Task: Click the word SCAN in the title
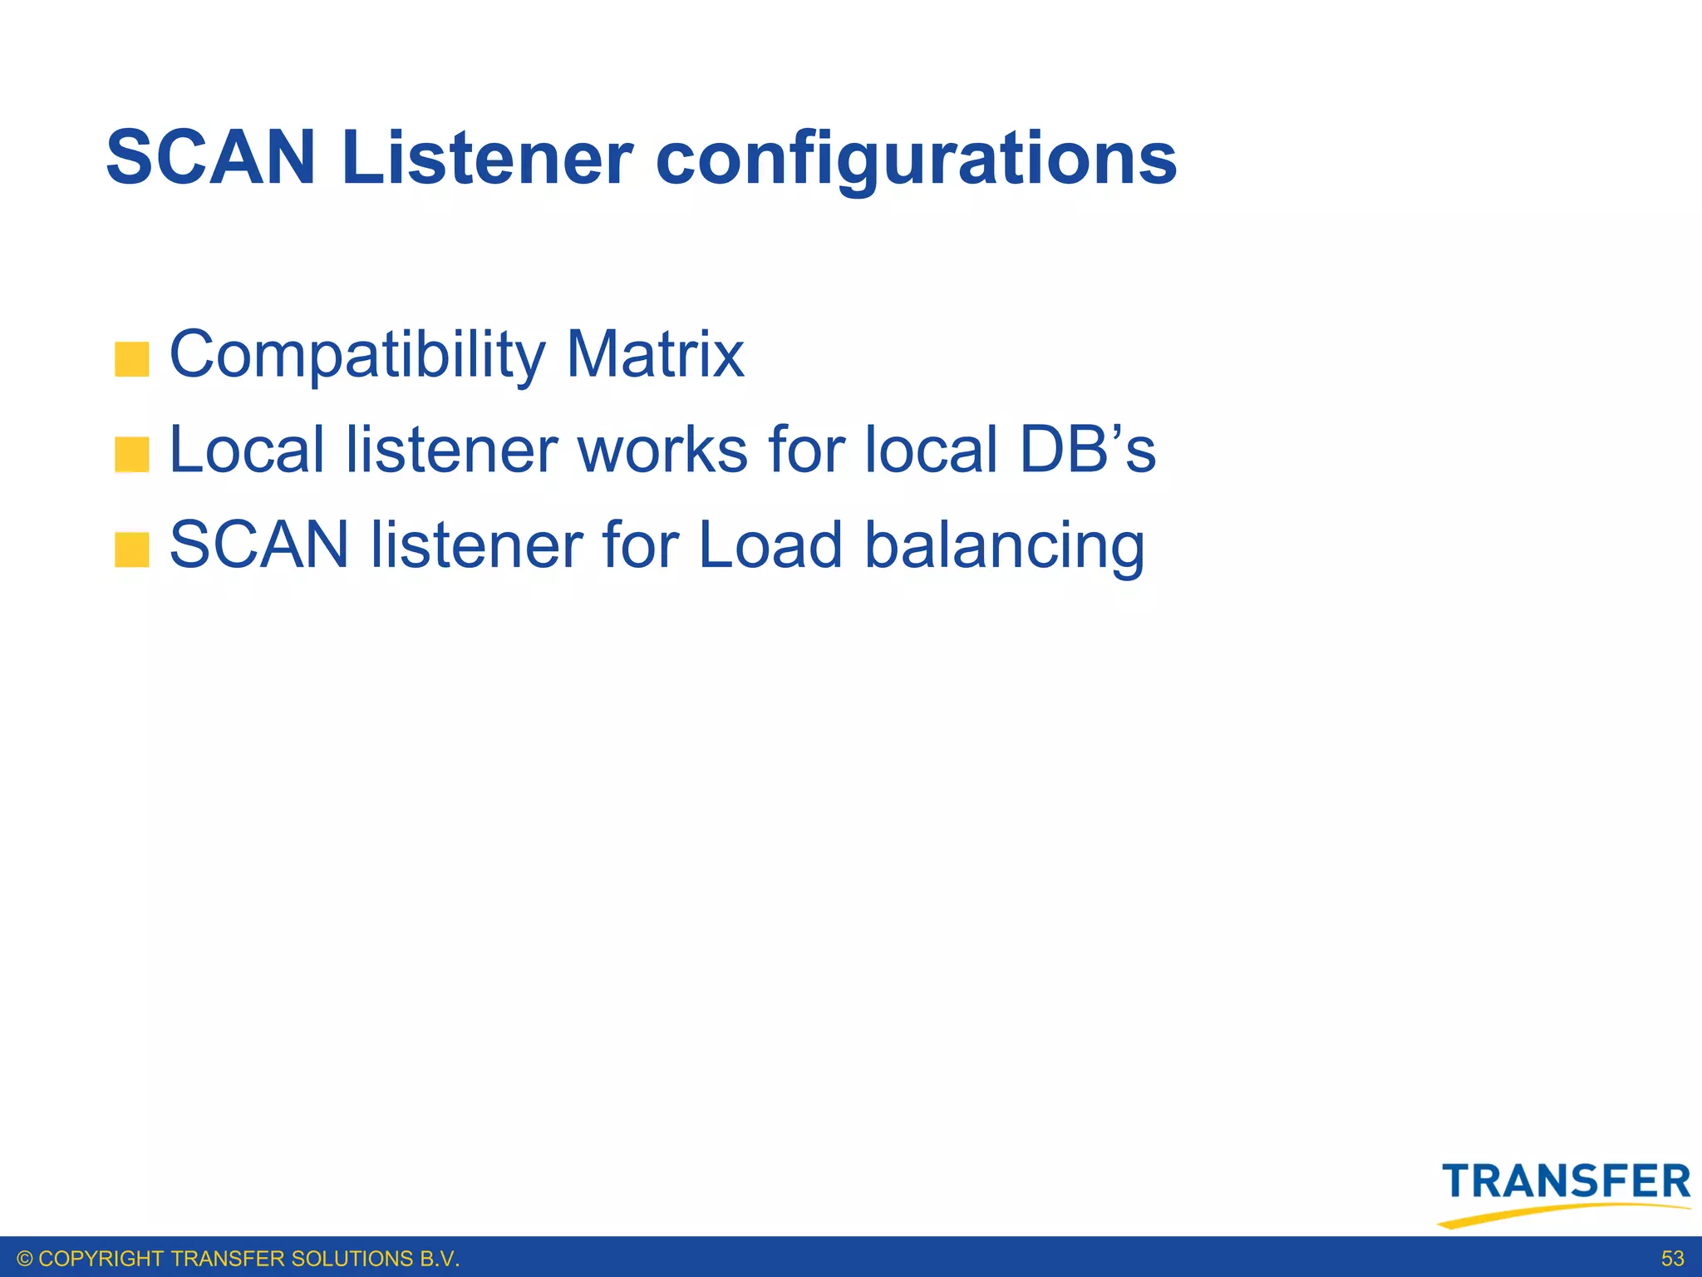click(211, 158)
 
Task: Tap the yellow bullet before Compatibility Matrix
click(131, 359)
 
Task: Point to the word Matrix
click(655, 354)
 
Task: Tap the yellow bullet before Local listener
click(131, 455)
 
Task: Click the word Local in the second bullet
click(246, 450)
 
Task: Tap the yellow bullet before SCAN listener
click(131, 550)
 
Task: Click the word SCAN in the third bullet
click(259, 545)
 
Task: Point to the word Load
click(770, 545)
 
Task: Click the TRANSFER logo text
click(1566, 1181)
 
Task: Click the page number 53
click(1672, 1259)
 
